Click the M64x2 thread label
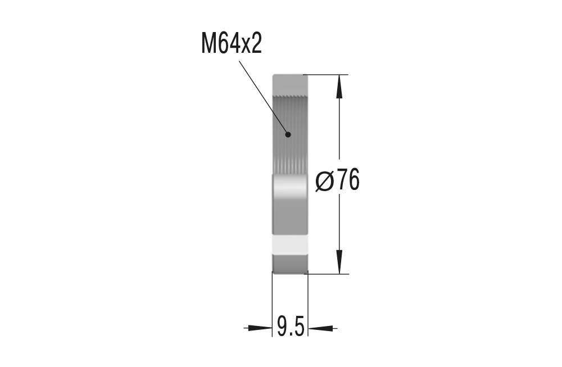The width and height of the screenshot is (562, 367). pyautogui.click(x=232, y=44)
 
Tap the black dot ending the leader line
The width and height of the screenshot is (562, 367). pyautogui.click(x=288, y=134)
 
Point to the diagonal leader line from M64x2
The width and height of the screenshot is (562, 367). pyautogui.click(x=263, y=95)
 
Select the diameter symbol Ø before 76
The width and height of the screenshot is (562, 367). pyautogui.click(x=325, y=181)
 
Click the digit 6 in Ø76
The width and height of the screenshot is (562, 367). pyautogui.click(x=353, y=181)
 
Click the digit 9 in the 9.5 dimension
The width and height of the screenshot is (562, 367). pyautogui.click(x=283, y=326)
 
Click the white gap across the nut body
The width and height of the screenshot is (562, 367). pyautogui.click(x=290, y=244)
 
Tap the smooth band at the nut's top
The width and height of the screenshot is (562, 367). pyautogui.click(x=290, y=85)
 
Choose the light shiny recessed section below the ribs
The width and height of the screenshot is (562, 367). pyautogui.click(x=290, y=202)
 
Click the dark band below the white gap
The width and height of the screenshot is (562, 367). pyautogui.click(x=290, y=262)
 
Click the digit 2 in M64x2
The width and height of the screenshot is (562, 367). pyautogui.click(x=256, y=44)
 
